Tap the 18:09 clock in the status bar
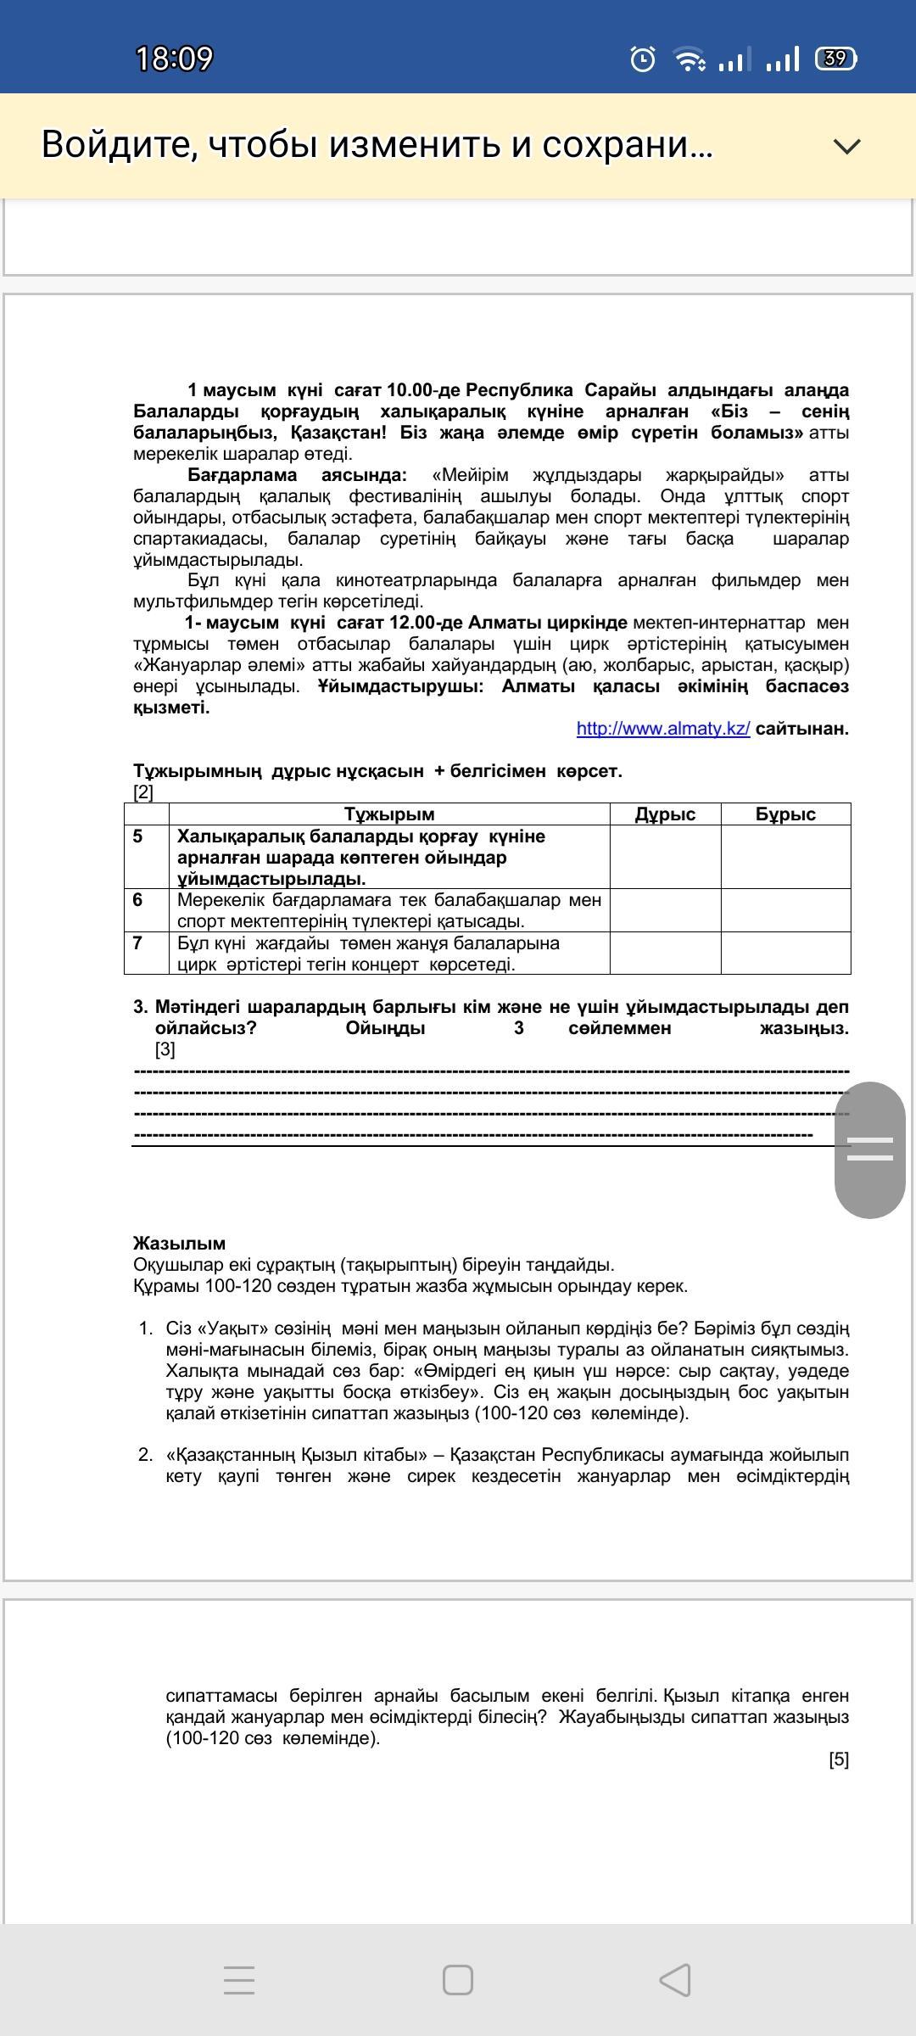coord(174,59)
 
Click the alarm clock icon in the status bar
coord(643,59)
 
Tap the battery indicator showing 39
coord(835,59)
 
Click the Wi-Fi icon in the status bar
coord(689,59)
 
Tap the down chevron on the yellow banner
coord(847,146)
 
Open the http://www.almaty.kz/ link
coord(663,729)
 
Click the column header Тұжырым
coord(389,814)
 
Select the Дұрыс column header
coord(665,814)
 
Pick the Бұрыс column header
coord(785,814)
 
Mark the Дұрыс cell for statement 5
coord(665,857)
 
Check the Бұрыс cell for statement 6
coord(785,910)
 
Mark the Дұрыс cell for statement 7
coord(665,953)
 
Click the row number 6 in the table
coord(138,900)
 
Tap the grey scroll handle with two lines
coord(870,1149)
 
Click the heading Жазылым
coord(179,1244)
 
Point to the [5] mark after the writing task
coord(838,1759)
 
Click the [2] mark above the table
coord(143,792)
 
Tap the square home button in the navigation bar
coord(458,1980)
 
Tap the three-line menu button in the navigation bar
coord(239,1980)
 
